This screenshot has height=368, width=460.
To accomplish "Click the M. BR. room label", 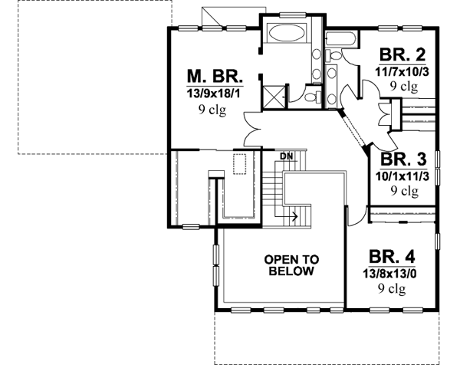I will coord(215,77).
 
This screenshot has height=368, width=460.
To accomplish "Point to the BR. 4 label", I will coord(392,256).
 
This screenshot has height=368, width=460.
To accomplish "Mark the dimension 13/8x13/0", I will coord(392,273).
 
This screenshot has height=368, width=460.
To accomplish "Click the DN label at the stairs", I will coord(287,156).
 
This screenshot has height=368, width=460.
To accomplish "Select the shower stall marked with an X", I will coord(274,97).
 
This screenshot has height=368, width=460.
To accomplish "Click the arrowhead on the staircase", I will coord(296,216).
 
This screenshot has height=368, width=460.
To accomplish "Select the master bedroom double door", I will coord(254,129).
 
